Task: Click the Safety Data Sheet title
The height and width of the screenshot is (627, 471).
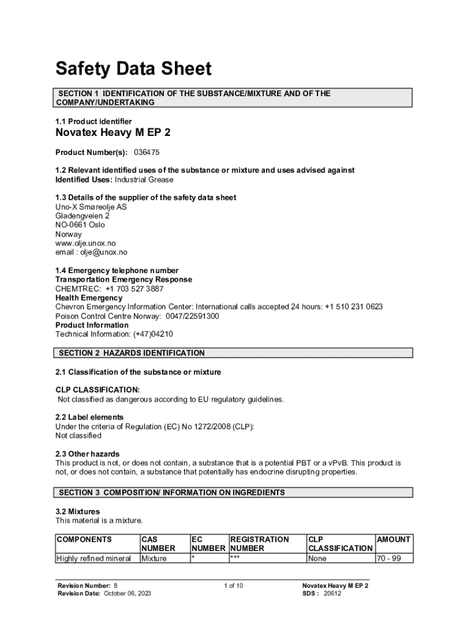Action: (x=133, y=69)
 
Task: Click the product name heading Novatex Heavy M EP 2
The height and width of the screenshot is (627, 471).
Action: (x=113, y=134)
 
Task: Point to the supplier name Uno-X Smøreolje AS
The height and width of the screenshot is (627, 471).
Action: (x=92, y=207)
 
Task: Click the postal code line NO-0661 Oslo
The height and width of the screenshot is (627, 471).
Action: (x=80, y=225)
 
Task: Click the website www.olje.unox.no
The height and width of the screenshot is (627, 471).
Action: (x=86, y=243)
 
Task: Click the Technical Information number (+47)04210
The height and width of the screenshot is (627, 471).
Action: (x=149, y=334)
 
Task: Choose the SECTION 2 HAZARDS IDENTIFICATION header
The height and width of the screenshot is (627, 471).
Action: (x=132, y=353)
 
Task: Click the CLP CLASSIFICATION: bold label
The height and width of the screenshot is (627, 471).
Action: (x=98, y=390)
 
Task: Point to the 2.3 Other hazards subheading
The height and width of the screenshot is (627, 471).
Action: (x=87, y=454)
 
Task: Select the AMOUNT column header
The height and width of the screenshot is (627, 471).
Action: (x=394, y=539)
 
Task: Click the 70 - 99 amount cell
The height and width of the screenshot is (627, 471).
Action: (x=389, y=558)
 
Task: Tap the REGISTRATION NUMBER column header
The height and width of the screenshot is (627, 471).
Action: (x=259, y=544)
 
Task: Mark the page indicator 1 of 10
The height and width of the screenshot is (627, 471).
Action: (x=234, y=586)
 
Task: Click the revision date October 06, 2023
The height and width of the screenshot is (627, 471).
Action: (x=127, y=594)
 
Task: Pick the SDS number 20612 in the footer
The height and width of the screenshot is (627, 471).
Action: (x=332, y=594)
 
